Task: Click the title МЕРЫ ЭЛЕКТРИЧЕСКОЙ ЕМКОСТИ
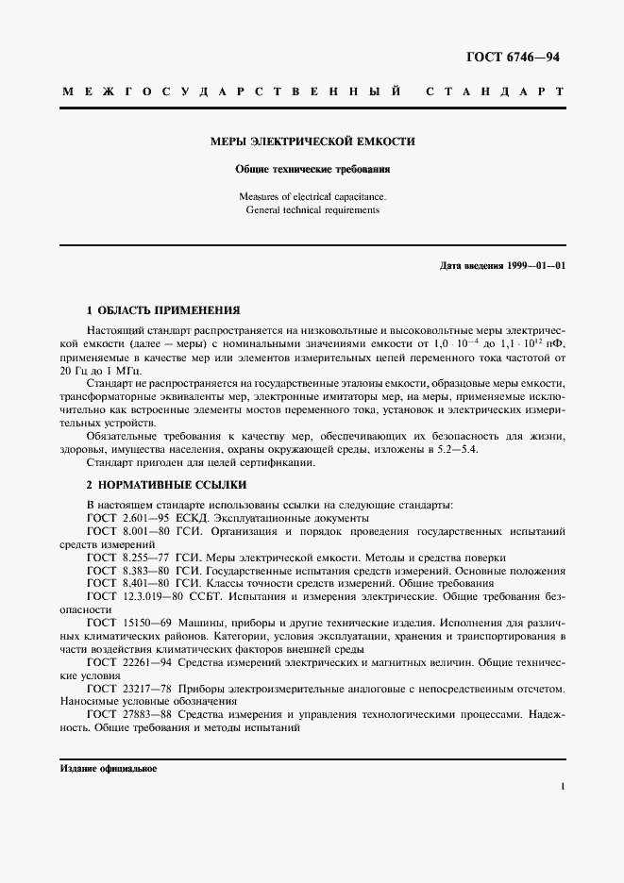click(x=312, y=142)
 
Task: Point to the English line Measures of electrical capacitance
click(x=312, y=196)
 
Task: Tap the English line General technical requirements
click(x=312, y=210)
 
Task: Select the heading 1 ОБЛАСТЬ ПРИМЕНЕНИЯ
click(x=162, y=310)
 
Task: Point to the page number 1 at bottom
click(x=562, y=784)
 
